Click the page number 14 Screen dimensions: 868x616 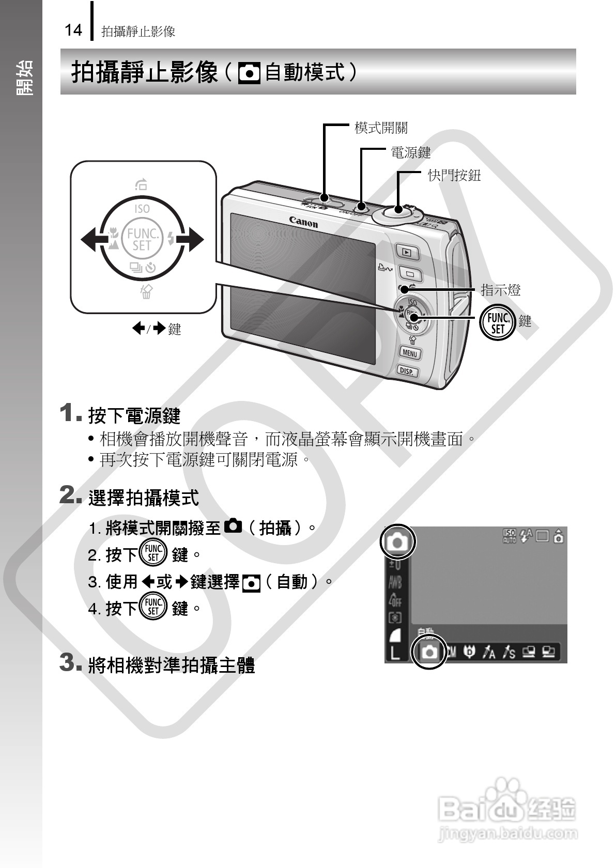73,30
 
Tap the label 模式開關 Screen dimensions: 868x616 381,128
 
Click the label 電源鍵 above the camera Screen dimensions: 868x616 410,152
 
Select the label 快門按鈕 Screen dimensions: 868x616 454,176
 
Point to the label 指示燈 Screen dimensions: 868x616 500,290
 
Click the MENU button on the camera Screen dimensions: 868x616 410,353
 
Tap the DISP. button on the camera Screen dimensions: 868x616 407,370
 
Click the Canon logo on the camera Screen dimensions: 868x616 303,222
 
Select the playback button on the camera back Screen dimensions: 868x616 407,253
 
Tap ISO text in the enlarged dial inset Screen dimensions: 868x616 142,209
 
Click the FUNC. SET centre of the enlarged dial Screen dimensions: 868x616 142,240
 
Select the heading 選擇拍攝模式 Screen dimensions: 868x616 144,498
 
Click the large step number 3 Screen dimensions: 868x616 68,662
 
